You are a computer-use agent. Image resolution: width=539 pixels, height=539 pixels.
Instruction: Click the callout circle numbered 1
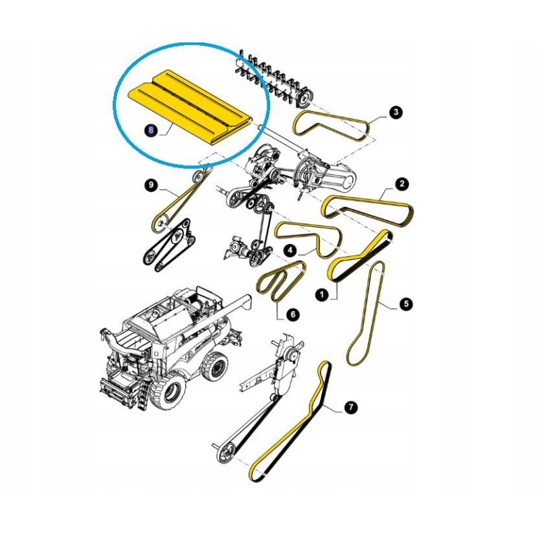pos(322,294)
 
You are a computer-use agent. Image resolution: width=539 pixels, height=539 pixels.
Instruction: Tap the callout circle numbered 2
pos(402,184)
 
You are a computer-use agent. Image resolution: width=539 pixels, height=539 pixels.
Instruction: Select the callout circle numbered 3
pos(396,112)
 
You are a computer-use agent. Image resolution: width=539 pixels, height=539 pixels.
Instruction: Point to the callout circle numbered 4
pos(290,250)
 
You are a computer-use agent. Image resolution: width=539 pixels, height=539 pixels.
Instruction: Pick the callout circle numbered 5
pos(406,304)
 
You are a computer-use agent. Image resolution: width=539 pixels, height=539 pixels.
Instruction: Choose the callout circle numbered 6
pos(293,314)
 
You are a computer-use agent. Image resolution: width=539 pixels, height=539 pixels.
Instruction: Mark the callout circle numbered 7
pos(350,408)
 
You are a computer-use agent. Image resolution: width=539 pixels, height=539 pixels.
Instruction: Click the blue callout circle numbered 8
pos(151,130)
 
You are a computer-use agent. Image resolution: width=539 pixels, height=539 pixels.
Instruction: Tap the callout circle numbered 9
pos(151,186)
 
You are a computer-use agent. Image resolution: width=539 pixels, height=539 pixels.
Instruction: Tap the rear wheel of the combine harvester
pos(215,366)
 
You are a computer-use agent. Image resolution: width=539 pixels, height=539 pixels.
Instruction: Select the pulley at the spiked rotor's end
pos(304,98)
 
